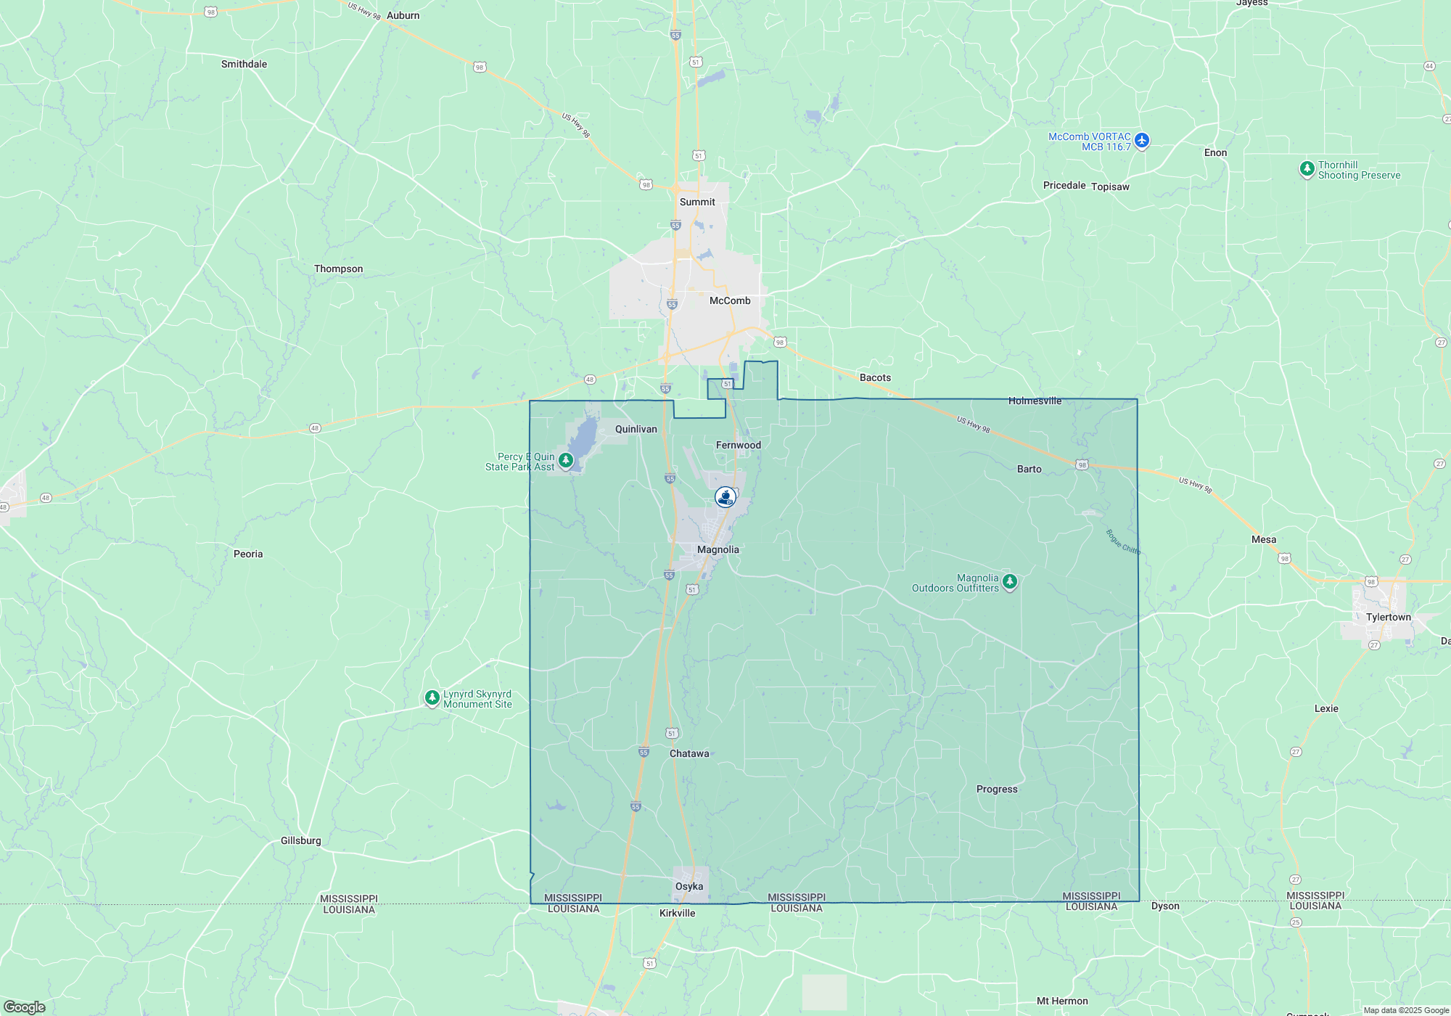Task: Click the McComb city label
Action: (x=730, y=300)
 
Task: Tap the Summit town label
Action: (x=697, y=202)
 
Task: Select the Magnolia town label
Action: (x=718, y=549)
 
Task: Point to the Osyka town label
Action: (x=689, y=886)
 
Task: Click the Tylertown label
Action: (x=1389, y=617)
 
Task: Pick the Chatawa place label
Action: (x=689, y=753)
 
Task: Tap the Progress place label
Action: (x=997, y=789)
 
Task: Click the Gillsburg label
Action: (x=301, y=840)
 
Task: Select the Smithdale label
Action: (x=244, y=64)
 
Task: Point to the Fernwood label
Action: (x=739, y=445)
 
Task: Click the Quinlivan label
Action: (x=636, y=429)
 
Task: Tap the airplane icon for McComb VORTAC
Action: (x=1142, y=140)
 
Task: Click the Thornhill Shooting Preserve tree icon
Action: (x=1307, y=169)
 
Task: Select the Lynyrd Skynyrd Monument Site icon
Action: (x=432, y=698)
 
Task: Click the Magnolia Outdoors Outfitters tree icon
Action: (x=1009, y=582)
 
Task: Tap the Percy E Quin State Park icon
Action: (x=566, y=460)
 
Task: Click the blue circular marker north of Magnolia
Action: (x=725, y=497)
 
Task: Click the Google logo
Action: (x=24, y=1007)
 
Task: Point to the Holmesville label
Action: (x=1035, y=401)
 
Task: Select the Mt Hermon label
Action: (x=1062, y=1001)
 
